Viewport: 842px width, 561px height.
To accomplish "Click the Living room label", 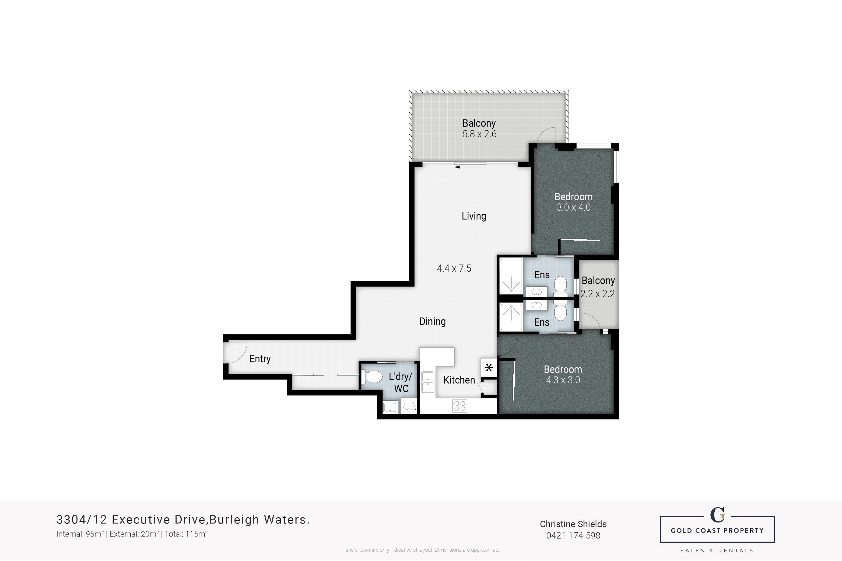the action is click(x=474, y=216).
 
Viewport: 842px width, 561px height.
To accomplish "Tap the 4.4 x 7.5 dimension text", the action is click(x=454, y=268).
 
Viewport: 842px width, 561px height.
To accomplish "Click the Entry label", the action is click(x=260, y=359).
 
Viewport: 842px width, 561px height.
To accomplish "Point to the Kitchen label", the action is click(x=459, y=380).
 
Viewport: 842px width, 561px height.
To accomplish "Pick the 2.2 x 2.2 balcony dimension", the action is click(x=598, y=294).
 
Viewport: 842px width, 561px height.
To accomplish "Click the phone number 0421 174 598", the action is click(x=573, y=535).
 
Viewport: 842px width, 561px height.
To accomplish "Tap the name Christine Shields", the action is click(x=573, y=524).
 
